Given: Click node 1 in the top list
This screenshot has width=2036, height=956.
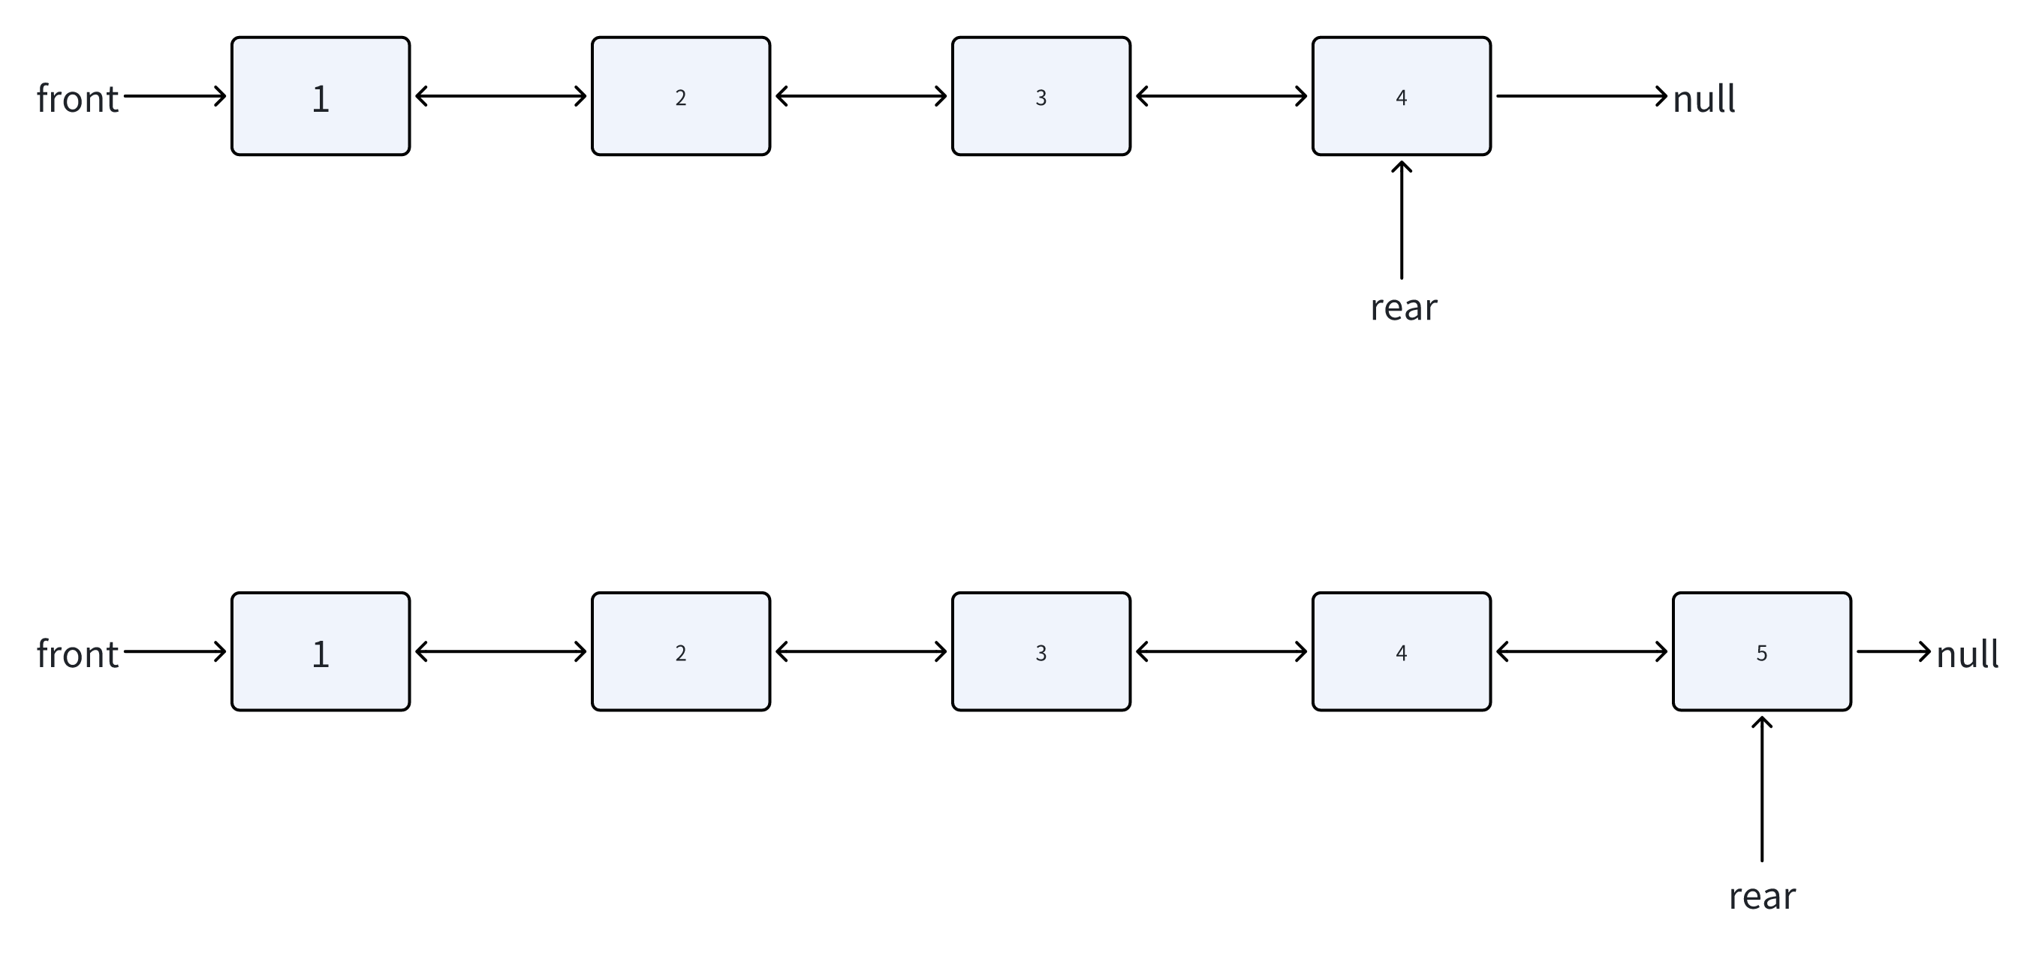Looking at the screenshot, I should click(320, 96).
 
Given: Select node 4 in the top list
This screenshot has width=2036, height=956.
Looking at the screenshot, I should click(1401, 96).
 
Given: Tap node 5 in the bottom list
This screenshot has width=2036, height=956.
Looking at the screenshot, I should click(1761, 652).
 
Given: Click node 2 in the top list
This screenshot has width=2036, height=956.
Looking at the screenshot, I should click(680, 96).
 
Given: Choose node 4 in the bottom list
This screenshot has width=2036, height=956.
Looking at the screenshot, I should click(1401, 652).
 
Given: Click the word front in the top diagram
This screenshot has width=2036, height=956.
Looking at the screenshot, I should click(77, 100).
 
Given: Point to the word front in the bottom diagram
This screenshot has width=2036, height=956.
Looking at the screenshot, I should click(77, 655).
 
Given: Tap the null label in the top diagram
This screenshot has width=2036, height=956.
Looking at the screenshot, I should click(1703, 100).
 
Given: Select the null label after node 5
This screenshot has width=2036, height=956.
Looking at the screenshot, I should click(1966, 655).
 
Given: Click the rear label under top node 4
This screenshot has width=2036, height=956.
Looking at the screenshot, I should click(1403, 308).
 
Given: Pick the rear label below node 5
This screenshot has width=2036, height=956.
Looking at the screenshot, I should click(1762, 897).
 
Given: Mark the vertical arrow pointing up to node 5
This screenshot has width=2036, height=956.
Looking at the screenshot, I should click(1762, 790).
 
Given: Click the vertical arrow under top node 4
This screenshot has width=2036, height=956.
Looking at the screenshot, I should click(1402, 221).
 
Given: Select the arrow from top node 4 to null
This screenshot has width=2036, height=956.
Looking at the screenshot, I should click(1581, 96).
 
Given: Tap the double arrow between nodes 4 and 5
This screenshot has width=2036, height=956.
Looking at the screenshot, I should click(1582, 652).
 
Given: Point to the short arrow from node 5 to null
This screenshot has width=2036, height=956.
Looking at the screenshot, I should click(1893, 652).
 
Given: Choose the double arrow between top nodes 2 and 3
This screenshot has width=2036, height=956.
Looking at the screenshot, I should click(860, 96).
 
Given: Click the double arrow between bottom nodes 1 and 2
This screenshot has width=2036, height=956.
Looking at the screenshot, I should click(500, 652).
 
